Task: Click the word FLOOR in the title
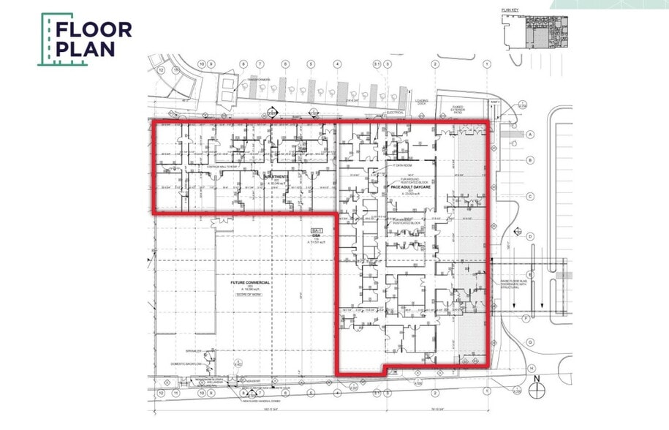(x=94, y=30)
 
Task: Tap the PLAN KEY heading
(x=510, y=10)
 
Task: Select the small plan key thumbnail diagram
(x=535, y=31)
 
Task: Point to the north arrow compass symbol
(x=538, y=388)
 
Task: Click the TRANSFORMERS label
(x=258, y=79)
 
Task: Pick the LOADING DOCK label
(x=422, y=103)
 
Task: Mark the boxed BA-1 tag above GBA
(x=317, y=231)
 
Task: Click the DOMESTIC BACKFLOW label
(x=185, y=363)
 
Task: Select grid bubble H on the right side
(x=531, y=368)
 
